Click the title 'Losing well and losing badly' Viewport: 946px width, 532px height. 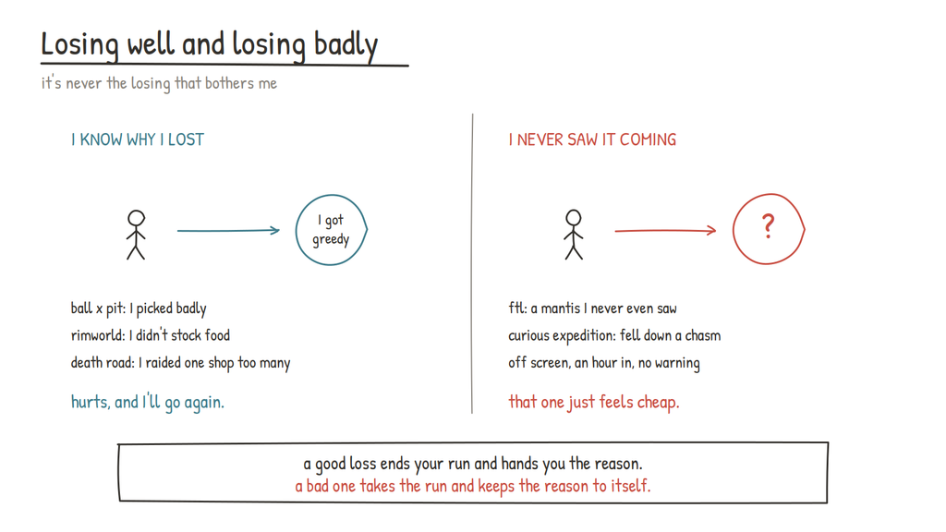210,45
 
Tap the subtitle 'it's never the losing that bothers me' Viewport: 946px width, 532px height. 159,83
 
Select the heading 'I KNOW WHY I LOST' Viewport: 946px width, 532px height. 138,140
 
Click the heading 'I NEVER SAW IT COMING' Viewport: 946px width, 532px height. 592,140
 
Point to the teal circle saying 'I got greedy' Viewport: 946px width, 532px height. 297,230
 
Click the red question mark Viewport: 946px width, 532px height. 768,227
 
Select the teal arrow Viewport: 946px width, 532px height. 228,230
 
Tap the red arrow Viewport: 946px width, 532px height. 665,230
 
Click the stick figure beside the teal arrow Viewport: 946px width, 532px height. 137,235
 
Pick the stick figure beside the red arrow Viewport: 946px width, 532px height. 574,235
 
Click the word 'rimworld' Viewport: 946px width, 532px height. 97,335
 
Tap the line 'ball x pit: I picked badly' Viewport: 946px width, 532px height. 139,308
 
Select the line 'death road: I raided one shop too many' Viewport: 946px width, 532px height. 180,363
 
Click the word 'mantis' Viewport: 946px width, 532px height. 561,308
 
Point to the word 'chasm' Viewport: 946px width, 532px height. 703,335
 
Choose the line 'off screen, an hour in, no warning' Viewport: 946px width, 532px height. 604,363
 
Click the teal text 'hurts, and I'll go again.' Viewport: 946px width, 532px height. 148,403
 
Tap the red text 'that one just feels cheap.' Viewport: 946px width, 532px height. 594,403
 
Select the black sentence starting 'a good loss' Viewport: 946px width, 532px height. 473,464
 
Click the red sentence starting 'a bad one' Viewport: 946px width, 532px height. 473,486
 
